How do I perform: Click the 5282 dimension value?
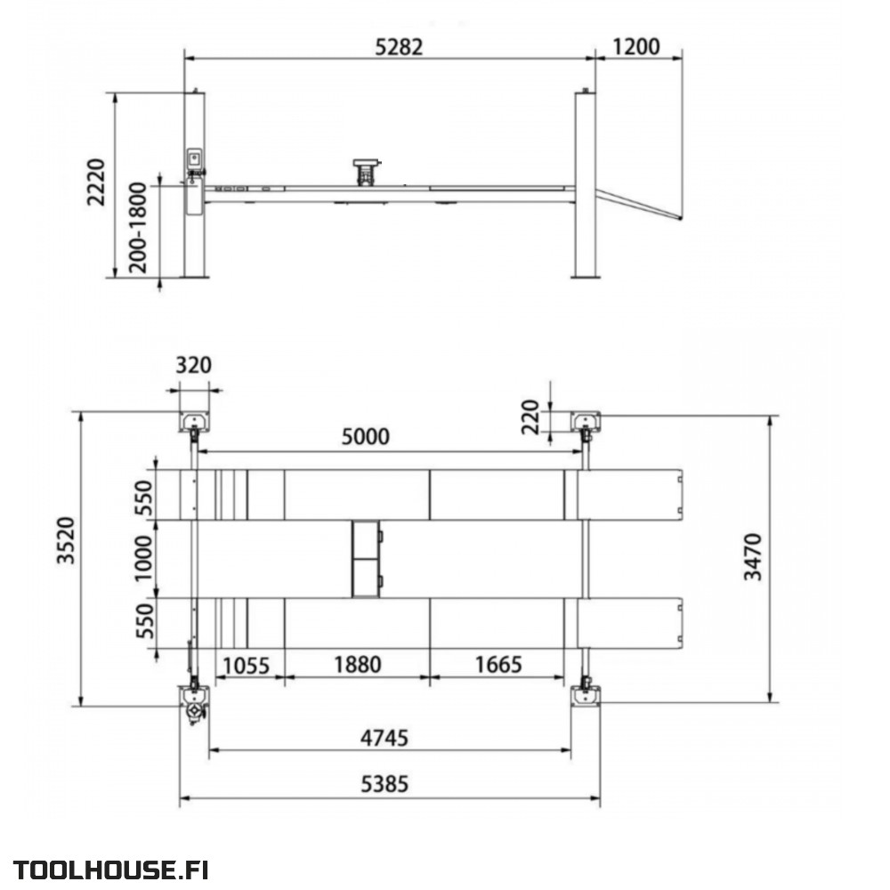[399, 46]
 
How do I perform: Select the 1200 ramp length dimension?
[635, 46]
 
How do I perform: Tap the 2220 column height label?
[96, 182]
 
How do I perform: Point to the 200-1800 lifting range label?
[138, 228]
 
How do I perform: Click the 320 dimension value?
[193, 365]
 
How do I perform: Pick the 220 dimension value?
[530, 417]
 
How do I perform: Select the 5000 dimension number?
[366, 436]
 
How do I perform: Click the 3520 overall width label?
[67, 540]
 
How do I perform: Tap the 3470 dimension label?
[753, 557]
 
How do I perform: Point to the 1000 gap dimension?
[143, 559]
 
